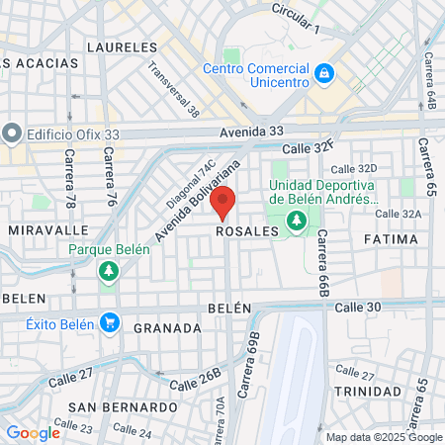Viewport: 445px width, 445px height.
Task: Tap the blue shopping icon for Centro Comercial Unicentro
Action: point(323,72)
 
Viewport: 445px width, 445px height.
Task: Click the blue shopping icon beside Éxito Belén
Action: point(109,321)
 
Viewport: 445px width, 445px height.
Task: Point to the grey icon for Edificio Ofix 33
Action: point(12,132)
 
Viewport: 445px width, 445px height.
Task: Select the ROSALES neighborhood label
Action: point(246,230)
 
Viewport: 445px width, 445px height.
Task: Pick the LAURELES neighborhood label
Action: point(122,46)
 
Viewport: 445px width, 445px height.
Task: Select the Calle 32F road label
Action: point(310,147)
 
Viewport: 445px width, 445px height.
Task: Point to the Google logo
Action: point(33,433)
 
